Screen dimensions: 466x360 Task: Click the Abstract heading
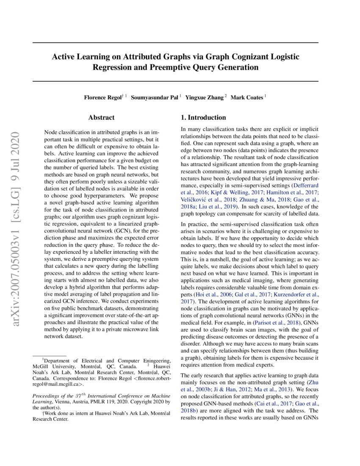click(101, 117)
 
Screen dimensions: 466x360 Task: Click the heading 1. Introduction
click(203, 117)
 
